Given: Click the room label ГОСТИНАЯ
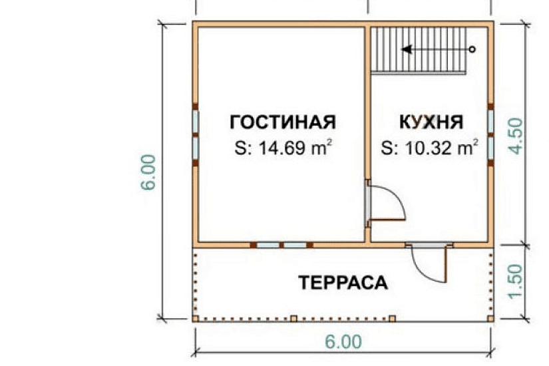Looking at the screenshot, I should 283,122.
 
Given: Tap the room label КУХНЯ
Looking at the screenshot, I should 431,122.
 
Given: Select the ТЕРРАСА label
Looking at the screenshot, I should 343,283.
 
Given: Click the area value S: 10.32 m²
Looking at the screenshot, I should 431,148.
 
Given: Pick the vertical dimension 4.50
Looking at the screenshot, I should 516,136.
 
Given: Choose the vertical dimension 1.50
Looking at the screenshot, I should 516,281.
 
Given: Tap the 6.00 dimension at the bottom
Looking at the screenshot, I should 343,342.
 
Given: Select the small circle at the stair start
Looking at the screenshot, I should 472,49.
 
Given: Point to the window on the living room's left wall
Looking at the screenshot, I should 195,134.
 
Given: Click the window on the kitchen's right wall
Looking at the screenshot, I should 490,134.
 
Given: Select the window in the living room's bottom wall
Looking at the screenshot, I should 281,245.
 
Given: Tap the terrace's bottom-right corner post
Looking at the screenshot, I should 490,319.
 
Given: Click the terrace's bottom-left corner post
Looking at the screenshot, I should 196,319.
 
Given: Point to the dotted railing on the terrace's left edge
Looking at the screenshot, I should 195,283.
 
